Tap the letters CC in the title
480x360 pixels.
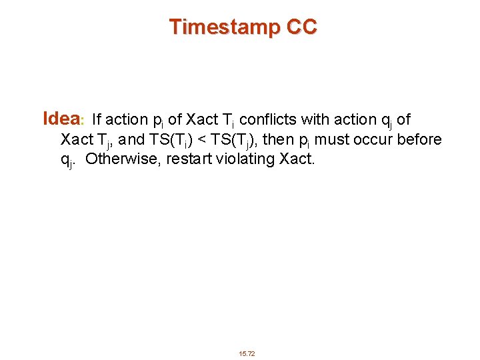coord(301,27)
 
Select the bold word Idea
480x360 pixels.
coord(61,119)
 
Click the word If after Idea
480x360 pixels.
coord(97,120)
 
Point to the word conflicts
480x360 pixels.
coord(268,120)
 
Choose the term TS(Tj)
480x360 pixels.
coord(231,141)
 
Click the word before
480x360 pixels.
coord(419,140)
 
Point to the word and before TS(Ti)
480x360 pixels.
coord(131,140)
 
